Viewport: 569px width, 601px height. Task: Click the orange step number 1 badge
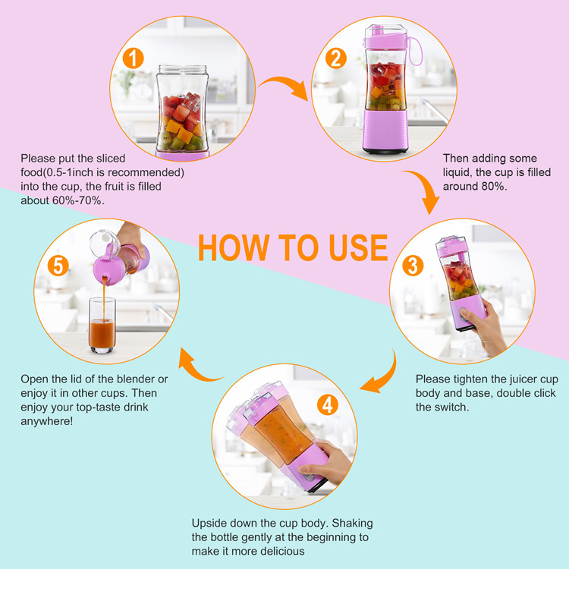133,58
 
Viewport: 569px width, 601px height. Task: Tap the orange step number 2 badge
335,58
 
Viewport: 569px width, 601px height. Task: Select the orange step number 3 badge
413,266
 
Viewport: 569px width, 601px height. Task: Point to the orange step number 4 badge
328,404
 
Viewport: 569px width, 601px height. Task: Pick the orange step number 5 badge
58,266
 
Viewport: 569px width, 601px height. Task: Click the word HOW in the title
234,247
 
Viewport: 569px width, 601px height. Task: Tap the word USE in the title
358,247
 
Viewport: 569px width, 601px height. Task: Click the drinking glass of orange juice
102,326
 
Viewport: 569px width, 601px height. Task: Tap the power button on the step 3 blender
464,315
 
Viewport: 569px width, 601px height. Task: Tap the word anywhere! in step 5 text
47,421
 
